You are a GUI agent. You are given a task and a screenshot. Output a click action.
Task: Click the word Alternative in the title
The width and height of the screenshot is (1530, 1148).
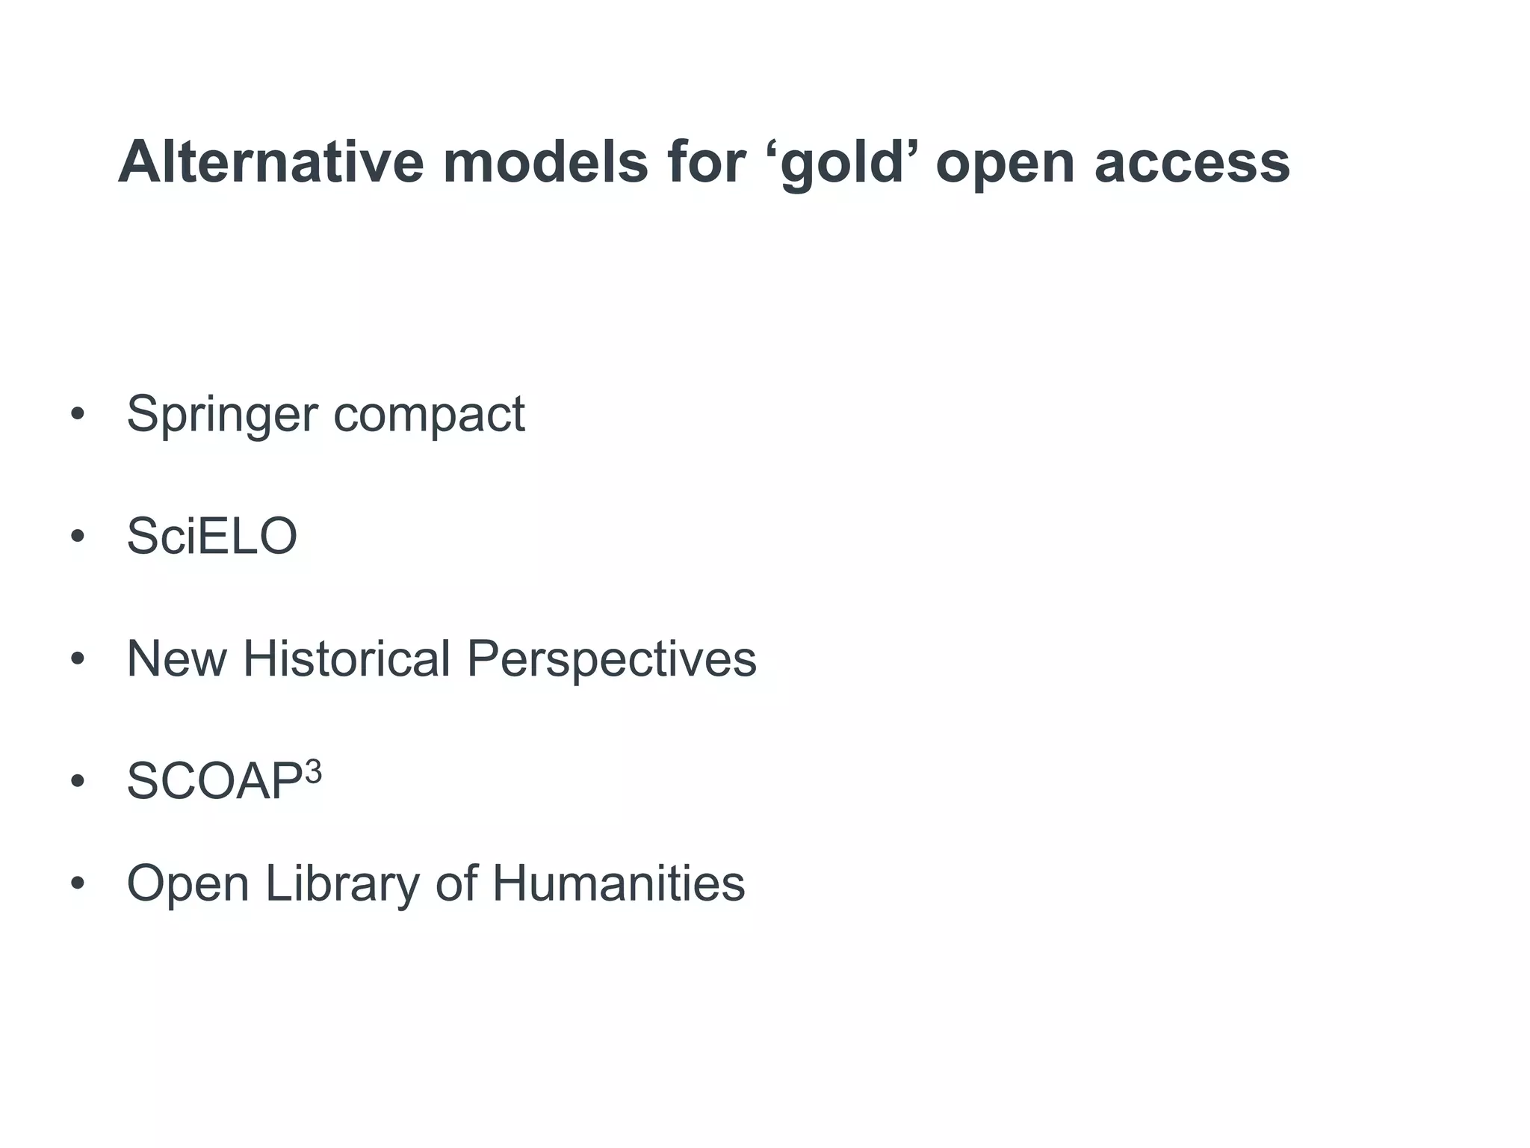(x=271, y=162)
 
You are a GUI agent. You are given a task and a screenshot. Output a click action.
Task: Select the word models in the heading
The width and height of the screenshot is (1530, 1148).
(x=545, y=162)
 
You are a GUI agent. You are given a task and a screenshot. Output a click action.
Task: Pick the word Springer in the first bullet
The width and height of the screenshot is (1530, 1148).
(x=223, y=415)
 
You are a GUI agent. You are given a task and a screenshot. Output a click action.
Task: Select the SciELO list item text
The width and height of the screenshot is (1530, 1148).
(x=212, y=536)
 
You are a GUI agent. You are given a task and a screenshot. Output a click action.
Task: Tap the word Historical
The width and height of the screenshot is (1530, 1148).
(x=347, y=658)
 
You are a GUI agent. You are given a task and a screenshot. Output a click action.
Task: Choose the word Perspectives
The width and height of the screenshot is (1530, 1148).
(x=612, y=660)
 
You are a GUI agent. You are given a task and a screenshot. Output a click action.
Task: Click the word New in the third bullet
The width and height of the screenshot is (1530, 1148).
(x=176, y=658)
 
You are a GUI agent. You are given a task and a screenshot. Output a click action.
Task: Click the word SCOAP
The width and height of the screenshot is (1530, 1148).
(x=214, y=782)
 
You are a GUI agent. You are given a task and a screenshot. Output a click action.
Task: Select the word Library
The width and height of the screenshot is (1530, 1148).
(x=343, y=884)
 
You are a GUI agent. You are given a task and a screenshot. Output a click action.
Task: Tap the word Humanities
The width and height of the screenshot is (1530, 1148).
(x=619, y=883)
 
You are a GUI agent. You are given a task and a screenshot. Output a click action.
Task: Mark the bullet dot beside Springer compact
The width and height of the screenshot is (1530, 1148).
(x=77, y=415)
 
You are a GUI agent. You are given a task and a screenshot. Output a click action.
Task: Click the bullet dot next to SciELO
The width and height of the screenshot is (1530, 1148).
(x=77, y=537)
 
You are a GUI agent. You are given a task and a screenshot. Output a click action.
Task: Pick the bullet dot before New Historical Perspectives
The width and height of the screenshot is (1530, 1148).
(x=77, y=659)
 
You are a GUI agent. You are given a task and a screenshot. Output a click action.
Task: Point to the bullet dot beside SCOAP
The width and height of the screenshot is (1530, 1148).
(x=77, y=782)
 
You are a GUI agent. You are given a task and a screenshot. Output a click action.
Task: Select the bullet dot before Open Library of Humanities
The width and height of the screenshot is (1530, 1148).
(x=77, y=883)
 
